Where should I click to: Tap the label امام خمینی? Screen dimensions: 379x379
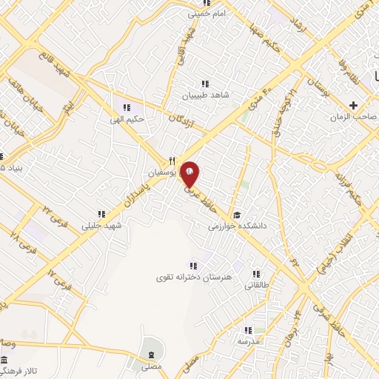[x=205, y=13]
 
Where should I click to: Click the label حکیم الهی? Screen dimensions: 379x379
[x=125, y=118]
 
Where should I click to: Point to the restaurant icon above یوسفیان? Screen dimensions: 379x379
[x=172, y=160]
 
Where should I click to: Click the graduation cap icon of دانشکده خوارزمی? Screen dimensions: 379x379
[x=235, y=215]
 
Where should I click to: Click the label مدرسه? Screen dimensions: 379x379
[x=248, y=343]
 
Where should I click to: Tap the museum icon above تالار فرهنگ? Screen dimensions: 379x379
[x=5, y=359]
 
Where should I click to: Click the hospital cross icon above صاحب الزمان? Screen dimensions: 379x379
[x=353, y=106]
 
